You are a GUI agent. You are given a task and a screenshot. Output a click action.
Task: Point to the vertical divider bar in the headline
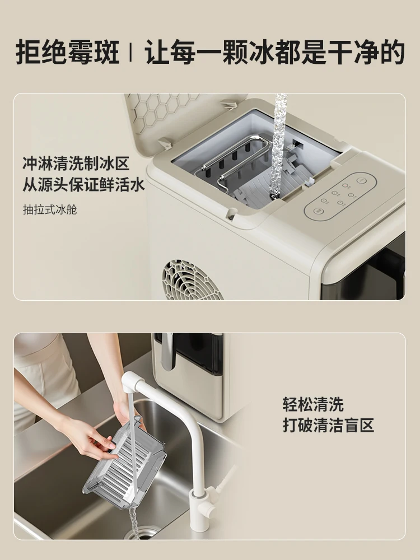coord(130,53)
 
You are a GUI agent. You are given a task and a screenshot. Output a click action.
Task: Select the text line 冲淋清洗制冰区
coord(76,164)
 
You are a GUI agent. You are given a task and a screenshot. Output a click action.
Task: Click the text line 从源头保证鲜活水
coord(83,185)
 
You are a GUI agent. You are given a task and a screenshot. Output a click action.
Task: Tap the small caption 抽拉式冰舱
coord(49,210)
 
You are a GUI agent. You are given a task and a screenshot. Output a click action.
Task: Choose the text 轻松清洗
coord(313,404)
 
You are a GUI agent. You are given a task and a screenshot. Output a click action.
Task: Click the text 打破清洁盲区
coord(328,425)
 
